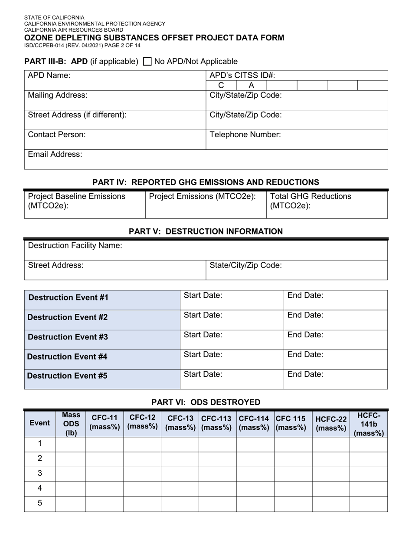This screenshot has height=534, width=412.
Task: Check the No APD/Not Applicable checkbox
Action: click(x=147, y=62)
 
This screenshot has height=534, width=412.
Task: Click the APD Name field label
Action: click(x=49, y=76)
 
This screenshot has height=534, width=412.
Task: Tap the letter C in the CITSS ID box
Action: click(x=221, y=86)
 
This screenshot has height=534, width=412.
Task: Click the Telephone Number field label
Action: click(x=245, y=135)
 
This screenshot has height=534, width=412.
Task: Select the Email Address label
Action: click(x=55, y=154)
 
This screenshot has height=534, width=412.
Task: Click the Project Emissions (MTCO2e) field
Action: click(x=205, y=204)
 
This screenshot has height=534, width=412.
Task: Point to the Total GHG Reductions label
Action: click(x=311, y=197)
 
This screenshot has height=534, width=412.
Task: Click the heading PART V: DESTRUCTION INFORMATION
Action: click(x=206, y=231)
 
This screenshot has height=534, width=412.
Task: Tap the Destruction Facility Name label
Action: click(x=75, y=246)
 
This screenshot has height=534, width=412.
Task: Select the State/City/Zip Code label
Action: click(x=245, y=265)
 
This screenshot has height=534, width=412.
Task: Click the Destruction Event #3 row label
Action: click(x=68, y=337)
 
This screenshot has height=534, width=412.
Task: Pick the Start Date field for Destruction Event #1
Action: click(x=232, y=300)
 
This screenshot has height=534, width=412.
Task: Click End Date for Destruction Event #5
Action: click(x=335, y=379)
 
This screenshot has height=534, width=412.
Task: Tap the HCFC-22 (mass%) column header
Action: click(x=331, y=423)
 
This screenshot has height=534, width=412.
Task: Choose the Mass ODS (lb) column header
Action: click(x=71, y=424)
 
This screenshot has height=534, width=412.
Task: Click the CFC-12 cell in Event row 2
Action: click(x=142, y=458)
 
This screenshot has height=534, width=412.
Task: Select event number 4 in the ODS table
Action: click(x=40, y=488)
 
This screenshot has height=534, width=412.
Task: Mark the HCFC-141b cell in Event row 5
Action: click(x=369, y=503)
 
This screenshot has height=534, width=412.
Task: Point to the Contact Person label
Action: click(x=57, y=135)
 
